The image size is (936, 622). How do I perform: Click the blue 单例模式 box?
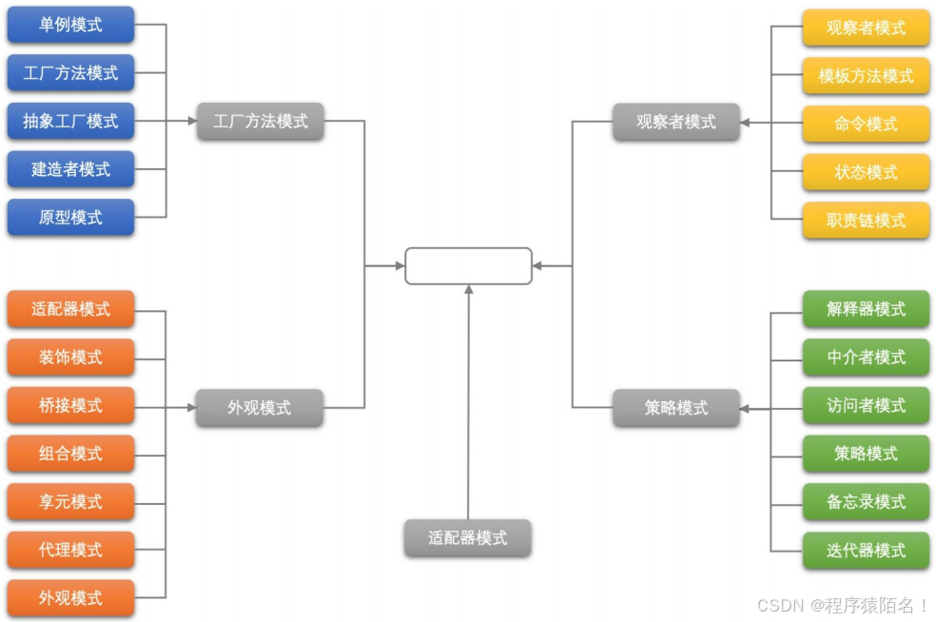[x=70, y=25]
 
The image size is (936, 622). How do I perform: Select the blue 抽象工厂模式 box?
[x=70, y=121]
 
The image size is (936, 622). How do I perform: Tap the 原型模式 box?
[x=70, y=217]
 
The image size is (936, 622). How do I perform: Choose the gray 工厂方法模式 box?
[x=261, y=122]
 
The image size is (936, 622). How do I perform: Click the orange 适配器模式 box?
[x=70, y=309]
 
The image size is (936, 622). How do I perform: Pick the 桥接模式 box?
[x=70, y=405]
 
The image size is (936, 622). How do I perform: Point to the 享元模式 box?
[x=70, y=501]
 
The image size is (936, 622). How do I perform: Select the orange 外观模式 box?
[x=70, y=598]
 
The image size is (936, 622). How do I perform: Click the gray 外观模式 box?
[x=260, y=408]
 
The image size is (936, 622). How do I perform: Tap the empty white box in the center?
[x=468, y=265]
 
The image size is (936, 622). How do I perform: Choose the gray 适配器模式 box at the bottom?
[x=467, y=537]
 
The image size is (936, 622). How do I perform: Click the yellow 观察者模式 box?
[x=866, y=28]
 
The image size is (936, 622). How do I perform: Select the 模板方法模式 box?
[x=866, y=76]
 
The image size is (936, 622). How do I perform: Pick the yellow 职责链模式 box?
[x=866, y=221]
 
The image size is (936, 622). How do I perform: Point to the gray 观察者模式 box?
[x=676, y=122]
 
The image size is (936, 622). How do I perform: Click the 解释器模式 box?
[x=866, y=309]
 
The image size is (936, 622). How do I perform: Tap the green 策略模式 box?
[x=866, y=454]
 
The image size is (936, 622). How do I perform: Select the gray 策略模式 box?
[x=676, y=408]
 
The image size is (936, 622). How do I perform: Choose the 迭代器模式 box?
[x=866, y=550]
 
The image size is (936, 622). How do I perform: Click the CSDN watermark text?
[x=843, y=605]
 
